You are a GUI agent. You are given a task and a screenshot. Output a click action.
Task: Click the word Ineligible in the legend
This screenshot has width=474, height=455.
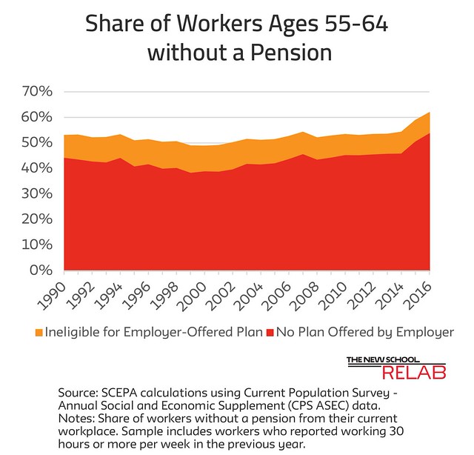pos(76,332)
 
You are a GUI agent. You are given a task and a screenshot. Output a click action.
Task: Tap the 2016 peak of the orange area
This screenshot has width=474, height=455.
pos(427,113)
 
